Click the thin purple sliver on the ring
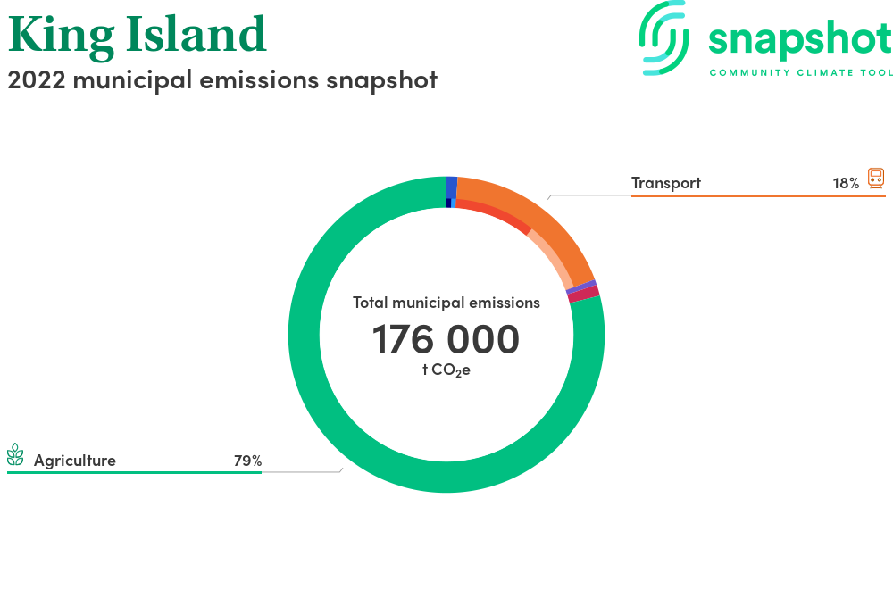pyautogui.click(x=581, y=287)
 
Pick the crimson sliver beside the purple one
pyautogui.click(x=584, y=295)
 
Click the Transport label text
pyautogui.click(x=666, y=183)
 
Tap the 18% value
pyautogui.click(x=846, y=183)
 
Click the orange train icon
pyautogui.click(x=876, y=179)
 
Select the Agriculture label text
pyautogui.click(x=75, y=461)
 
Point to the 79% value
pyautogui.click(x=247, y=461)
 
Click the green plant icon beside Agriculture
pyautogui.click(x=15, y=454)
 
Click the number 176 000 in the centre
pyautogui.click(x=446, y=339)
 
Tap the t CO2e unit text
pyautogui.click(x=446, y=370)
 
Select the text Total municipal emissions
pyautogui.click(x=446, y=303)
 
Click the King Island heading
pyautogui.click(x=138, y=35)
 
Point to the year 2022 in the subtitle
pyautogui.click(x=37, y=79)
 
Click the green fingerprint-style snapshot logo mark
pyautogui.click(x=663, y=37)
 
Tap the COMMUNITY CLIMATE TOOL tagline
pyautogui.click(x=801, y=73)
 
